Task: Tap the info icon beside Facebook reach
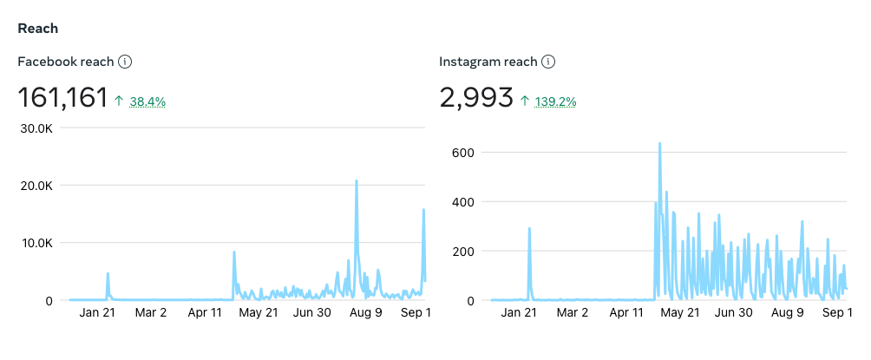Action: point(125,62)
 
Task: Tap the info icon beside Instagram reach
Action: point(548,62)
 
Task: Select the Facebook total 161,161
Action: point(62,98)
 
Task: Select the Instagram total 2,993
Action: point(476,98)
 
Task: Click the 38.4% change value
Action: point(147,101)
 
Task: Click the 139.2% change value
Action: point(555,101)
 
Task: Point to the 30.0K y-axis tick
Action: point(36,128)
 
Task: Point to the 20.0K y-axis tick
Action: point(36,186)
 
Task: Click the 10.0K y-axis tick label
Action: point(36,243)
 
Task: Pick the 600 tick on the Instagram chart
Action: point(462,153)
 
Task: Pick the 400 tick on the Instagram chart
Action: point(462,202)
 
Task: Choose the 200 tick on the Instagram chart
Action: point(462,252)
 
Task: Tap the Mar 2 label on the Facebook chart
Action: point(150,312)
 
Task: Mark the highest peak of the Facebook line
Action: point(356,181)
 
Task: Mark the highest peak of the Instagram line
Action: point(660,143)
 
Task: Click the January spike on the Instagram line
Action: point(529,229)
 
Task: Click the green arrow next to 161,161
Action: point(119,101)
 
